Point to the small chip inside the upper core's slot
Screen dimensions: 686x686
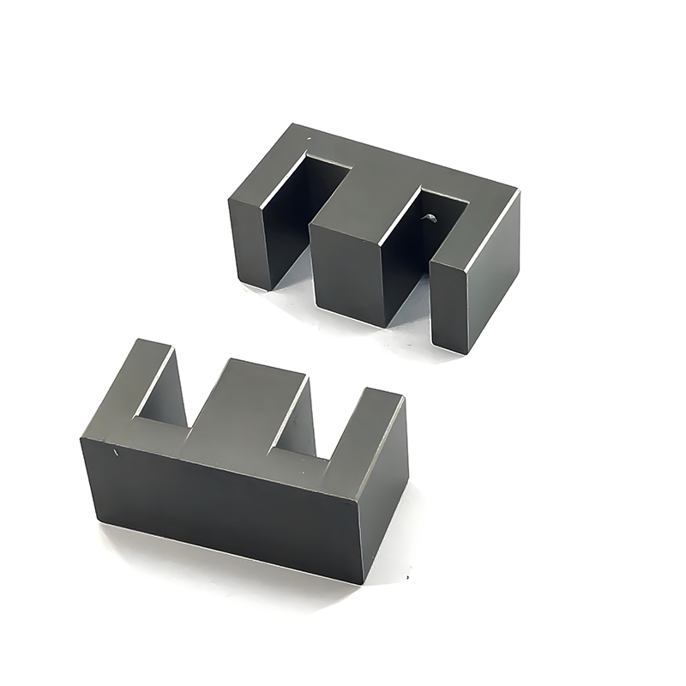(428, 220)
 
